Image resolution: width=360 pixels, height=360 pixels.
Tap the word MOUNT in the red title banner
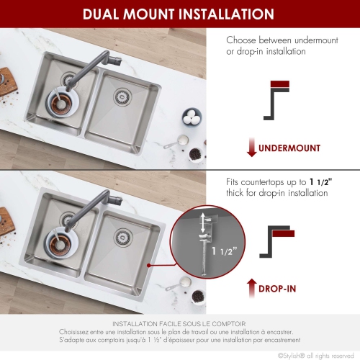163,14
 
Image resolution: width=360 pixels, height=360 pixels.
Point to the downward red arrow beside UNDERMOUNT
251,148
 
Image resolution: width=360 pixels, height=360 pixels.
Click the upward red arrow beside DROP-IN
251,289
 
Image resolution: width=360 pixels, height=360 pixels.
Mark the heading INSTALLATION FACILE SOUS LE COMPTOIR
180,325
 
